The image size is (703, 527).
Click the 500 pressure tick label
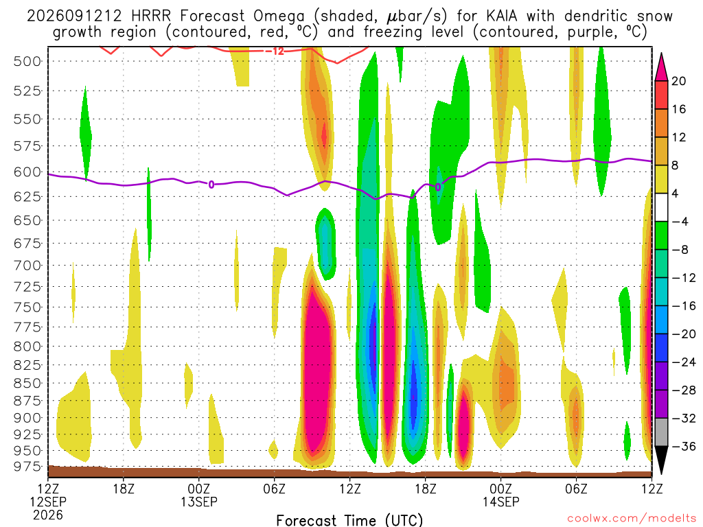click(x=27, y=61)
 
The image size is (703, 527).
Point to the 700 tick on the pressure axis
click(x=27, y=266)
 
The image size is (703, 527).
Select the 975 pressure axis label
click(x=27, y=467)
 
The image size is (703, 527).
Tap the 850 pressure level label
click(x=27, y=383)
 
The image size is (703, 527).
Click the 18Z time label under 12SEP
click(x=124, y=489)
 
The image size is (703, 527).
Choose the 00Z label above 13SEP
click(x=198, y=489)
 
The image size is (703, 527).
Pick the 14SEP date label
click(x=500, y=502)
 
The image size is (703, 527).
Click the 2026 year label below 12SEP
click(x=48, y=515)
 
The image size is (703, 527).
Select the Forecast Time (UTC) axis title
click(x=349, y=520)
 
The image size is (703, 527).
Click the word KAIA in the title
click(x=499, y=16)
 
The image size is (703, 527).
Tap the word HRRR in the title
click(x=151, y=16)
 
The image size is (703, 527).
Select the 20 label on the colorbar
click(x=678, y=81)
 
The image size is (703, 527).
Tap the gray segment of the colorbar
click(x=661, y=432)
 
